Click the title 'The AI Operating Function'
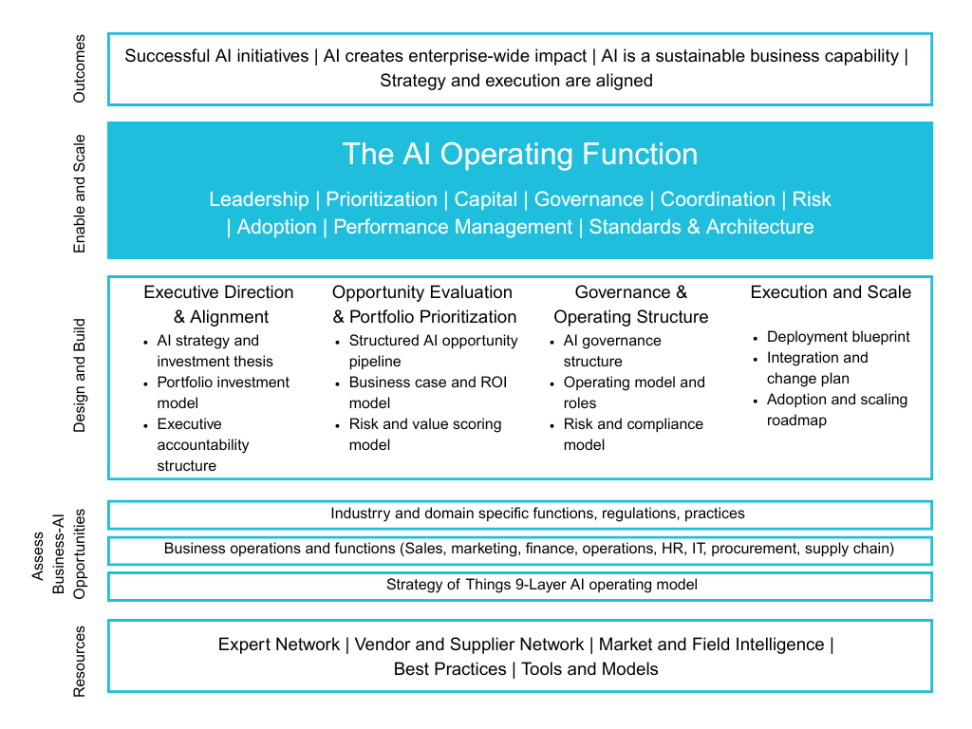click(x=519, y=154)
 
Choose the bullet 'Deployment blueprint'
click(x=838, y=337)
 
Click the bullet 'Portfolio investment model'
click(x=223, y=392)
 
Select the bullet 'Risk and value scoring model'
click(x=425, y=434)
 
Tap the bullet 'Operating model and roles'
click(x=634, y=392)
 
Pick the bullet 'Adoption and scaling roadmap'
click(x=837, y=409)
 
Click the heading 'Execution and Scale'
click(x=831, y=292)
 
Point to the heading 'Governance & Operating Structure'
click(x=631, y=304)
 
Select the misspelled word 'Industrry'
click(x=362, y=514)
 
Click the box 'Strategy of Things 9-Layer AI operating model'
click(x=542, y=585)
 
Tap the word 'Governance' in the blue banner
click(x=589, y=199)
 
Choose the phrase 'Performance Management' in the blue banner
click(x=453, y=227)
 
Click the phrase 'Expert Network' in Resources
click(x=278, y=645)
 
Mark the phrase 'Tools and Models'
click(x=589, y=669)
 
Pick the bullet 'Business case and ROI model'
click(x=428, y=392)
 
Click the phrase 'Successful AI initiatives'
click(x=217, y=56)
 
